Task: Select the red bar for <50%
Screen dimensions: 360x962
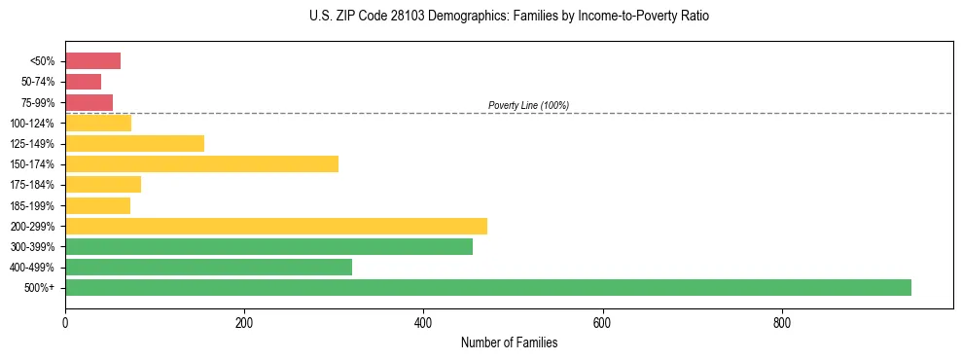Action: point(92,61)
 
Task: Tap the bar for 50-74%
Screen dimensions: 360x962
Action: point(83,82)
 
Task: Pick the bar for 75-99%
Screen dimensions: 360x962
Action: point(89,102)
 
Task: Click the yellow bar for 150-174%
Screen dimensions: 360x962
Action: point(201,164)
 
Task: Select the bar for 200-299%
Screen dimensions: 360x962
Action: point(276,227)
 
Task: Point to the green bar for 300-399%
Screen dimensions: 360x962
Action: point(268,247)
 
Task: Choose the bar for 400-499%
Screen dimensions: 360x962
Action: point(208,268)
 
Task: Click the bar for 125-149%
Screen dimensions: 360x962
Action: point(134,144)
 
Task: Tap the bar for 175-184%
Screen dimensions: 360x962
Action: point(103,185)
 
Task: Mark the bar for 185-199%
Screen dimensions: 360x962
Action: point(97,205)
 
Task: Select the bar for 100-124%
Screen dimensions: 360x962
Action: point(98,124)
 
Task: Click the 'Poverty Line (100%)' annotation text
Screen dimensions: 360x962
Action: point(528,105)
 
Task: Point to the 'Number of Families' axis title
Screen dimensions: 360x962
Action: point(509,342)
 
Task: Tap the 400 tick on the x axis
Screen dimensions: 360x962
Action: point(423,322)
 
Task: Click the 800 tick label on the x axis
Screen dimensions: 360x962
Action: point(781,322)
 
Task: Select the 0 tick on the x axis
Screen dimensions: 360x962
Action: point(65,322)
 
